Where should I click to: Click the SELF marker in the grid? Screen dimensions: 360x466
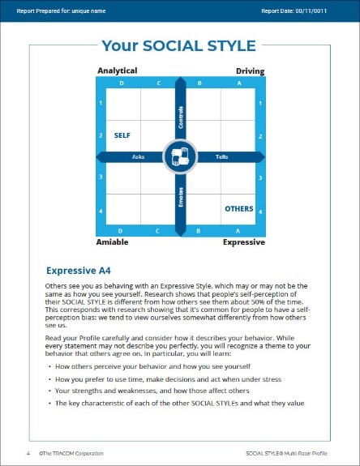click(122, 135)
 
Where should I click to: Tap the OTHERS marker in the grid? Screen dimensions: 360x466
click(238, 208)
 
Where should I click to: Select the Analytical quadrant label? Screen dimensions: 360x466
click(118, 71)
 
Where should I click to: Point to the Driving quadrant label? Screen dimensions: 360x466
click(250, 71)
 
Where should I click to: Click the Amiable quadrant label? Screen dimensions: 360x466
click(113, 242)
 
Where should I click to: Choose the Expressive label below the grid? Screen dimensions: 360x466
click(244, 242)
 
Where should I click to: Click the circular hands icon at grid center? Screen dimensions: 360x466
click(180, 156)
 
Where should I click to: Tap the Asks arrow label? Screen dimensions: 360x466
click(138, 156)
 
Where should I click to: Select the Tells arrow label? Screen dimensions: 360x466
click(221, 156)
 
